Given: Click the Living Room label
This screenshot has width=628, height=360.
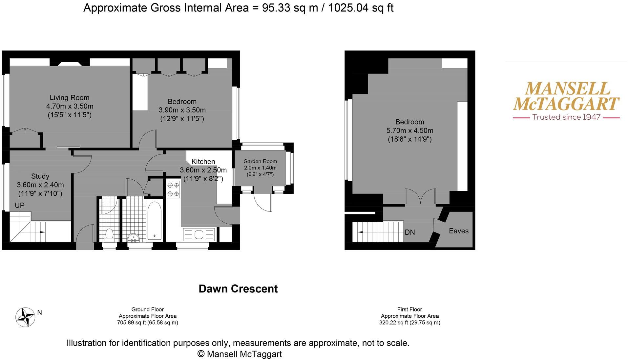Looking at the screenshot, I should pyautogui.click(x=69, y=98).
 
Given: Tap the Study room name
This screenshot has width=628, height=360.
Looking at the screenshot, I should pyautogui.click(x=40, y=176).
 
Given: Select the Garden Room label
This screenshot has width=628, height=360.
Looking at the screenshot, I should pyautogui.click(x=260, y=161).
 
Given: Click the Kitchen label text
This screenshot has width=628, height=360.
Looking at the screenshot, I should pyautogui.click(x=203, y=162).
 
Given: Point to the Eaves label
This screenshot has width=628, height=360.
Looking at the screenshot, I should pyautogui.click(x=458, y=231).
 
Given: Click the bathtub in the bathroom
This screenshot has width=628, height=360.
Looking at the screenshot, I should pyautogui.click(x=154, y=220).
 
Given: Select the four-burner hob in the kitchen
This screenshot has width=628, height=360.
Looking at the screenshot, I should pyautogui.click(x=173, y=190).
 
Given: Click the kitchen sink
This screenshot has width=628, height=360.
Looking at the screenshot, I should pyautogui.click(x=199, y=235).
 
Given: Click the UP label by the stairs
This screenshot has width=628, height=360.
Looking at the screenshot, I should pyautogui.click(x=20, y=206).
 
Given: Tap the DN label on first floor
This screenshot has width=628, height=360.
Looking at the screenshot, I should pyautogui.click(x=410, y=232).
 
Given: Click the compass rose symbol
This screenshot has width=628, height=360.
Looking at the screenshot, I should pyautogui.click(x=25, y=317).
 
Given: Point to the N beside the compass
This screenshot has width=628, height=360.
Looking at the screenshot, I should pyautogui.click(x=40, y=312).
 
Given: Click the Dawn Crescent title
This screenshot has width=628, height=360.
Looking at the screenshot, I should pyautogui.click(x=238, y=289).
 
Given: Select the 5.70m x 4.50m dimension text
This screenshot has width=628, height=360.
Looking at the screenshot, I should pyautogui.click(x=410, y=131).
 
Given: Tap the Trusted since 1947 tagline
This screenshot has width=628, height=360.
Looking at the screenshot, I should pyautogui.click(x=566, y=117).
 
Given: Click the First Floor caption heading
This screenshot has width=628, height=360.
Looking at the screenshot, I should pyautogui.click(x=409, y=310).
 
